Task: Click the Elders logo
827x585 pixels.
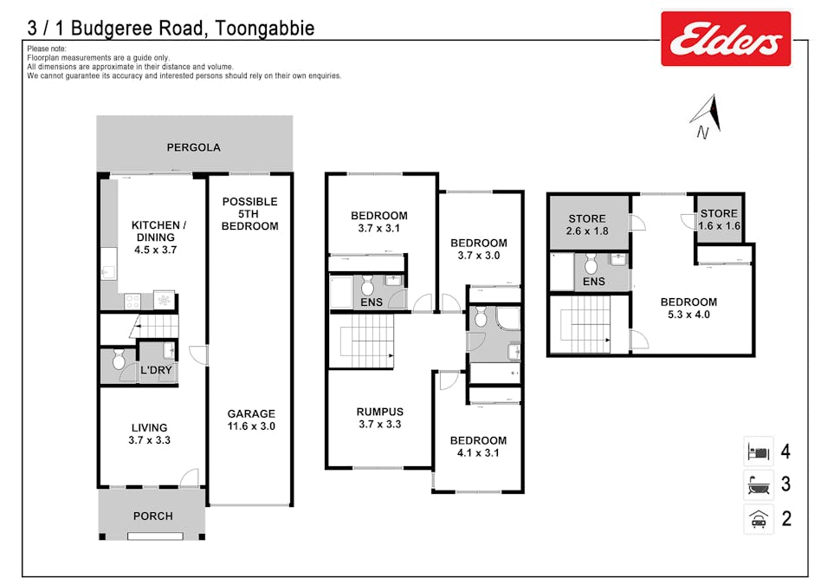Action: coord(726,39)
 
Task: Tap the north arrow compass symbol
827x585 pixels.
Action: coord(707,116)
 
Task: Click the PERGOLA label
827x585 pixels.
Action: coord(194,147)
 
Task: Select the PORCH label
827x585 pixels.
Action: coord(153,516)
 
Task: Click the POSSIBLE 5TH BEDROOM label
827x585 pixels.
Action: coord(250,214)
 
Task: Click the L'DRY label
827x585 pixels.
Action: coord(156,370)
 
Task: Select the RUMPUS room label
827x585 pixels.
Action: coord(380,412)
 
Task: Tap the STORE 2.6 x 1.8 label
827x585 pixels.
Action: coord(587,224)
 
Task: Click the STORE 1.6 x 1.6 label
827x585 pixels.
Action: coord(720,219)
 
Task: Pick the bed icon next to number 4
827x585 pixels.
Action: coord(759,452)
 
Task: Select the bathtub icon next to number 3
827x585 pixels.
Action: coord(759,484)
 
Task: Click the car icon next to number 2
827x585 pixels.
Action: coord(759,519)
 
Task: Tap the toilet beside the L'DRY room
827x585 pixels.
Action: coord(119,359)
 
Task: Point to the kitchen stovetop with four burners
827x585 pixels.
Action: coord(132,302)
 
